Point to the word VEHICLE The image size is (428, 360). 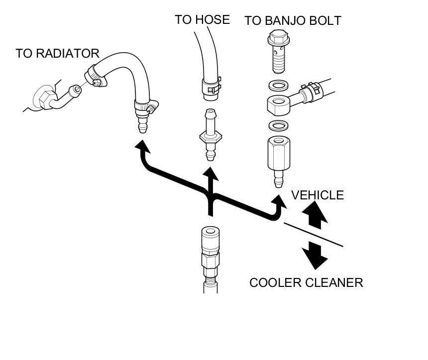[318, 195]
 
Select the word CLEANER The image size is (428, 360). [338, 283]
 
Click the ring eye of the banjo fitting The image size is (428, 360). [276, 103]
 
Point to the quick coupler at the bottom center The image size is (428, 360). [210, 249]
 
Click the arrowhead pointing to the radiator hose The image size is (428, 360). [143, 148]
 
